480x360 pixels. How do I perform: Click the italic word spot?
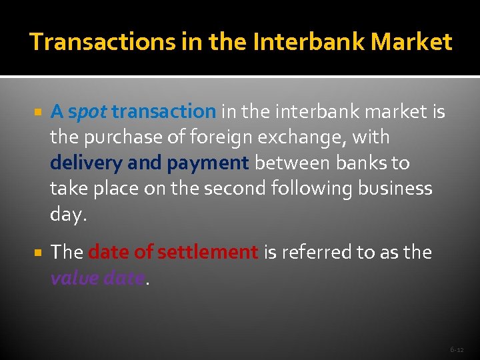tap(87, 112)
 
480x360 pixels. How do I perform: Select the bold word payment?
tap(208, 163)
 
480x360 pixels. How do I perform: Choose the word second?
tap(233, 189)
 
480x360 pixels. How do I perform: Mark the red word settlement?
tap(215, 252)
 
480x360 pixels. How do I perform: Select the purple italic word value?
tap(75, 278)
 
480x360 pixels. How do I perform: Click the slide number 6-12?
tap(457, 349)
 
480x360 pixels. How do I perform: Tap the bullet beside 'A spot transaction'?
tap(37, 112)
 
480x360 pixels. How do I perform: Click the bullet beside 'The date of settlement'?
tap(37, 253)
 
